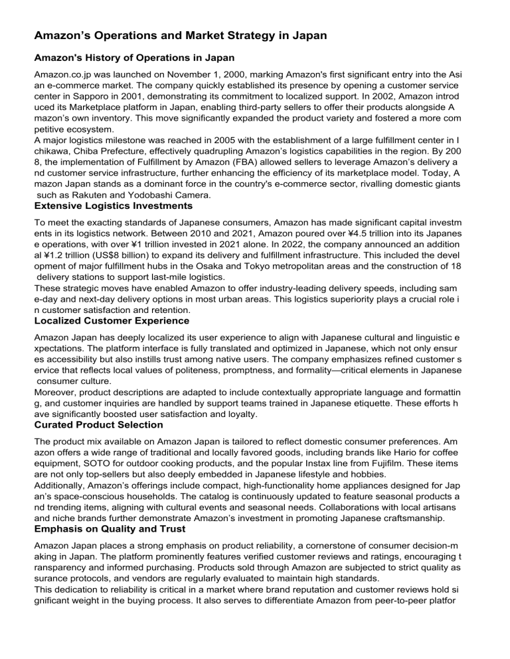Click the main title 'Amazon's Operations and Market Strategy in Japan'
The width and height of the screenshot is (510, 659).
click(181, 36)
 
